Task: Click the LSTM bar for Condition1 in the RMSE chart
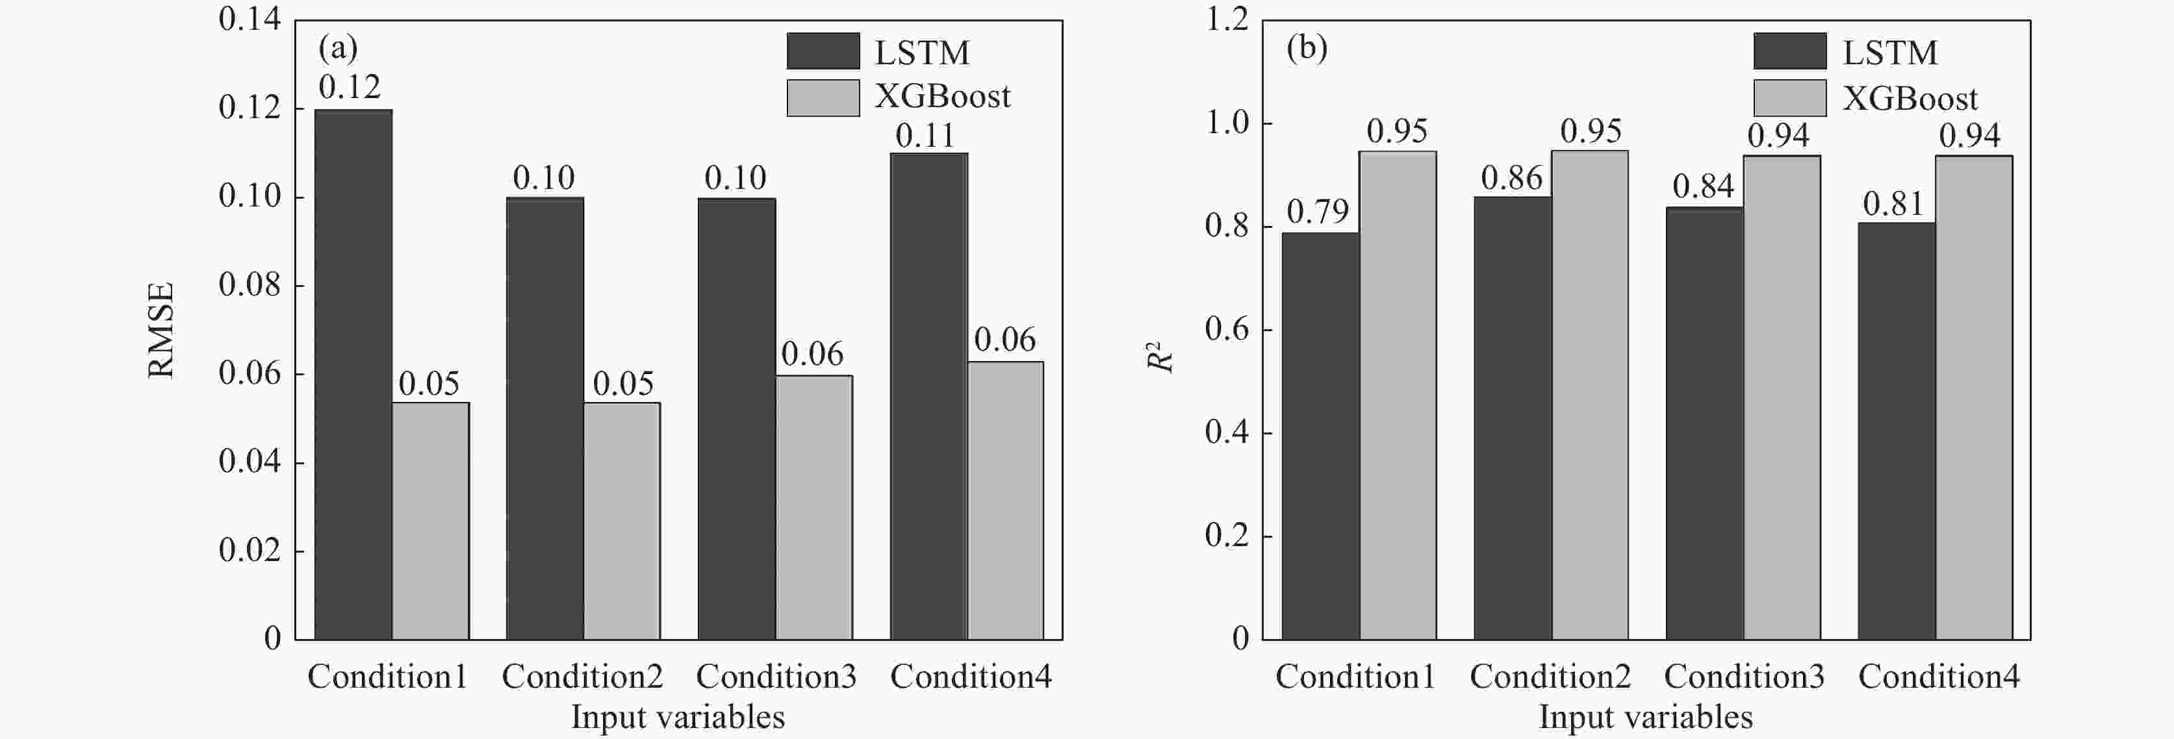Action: click(353, 375)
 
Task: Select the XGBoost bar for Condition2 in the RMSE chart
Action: click(622, 521)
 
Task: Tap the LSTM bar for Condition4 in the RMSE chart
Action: click(928, 397)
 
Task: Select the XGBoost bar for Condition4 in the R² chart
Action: click(1973, 397)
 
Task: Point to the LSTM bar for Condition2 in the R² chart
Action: click(1513, 418)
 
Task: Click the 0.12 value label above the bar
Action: click(350, 87)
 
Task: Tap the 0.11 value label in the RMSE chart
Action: click(925, 136)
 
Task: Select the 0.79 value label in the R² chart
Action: click(1318, 212)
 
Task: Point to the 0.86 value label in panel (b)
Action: click(1511, 178)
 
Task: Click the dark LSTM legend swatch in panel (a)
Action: click(823, 51)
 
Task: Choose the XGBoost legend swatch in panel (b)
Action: click(1790, 98)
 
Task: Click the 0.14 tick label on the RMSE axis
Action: click(249, 19)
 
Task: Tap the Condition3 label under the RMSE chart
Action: click(776, 677)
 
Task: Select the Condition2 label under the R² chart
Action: click(1550, 677)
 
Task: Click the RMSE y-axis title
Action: click(160, 330)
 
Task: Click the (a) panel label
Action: click(338, 48)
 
